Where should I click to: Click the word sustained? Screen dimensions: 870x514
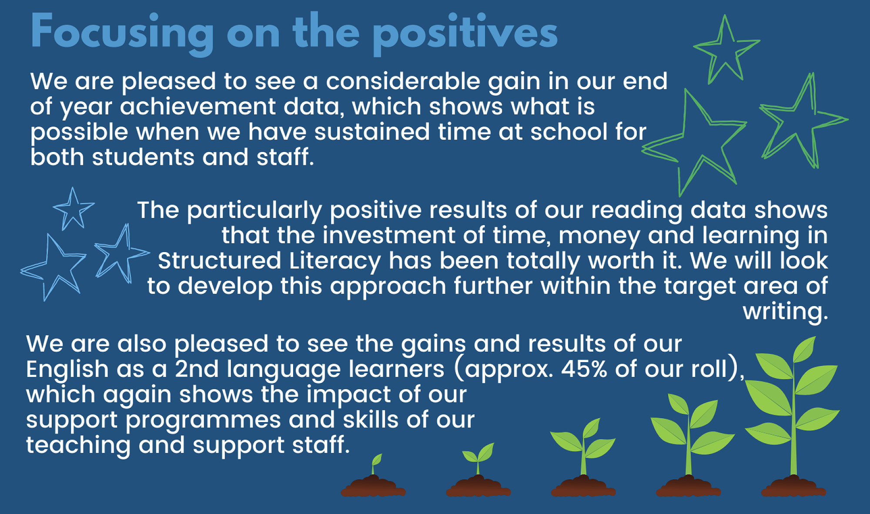point(372,132)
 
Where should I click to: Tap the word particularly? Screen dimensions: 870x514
point(254,211)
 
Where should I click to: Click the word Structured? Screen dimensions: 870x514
point(219,261)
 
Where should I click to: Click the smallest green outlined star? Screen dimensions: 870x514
point(726,50)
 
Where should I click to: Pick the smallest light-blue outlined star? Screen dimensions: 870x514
point(73,210)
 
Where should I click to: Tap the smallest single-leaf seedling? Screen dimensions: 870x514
point(376,464)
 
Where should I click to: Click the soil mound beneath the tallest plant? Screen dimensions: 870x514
point(793,486)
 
